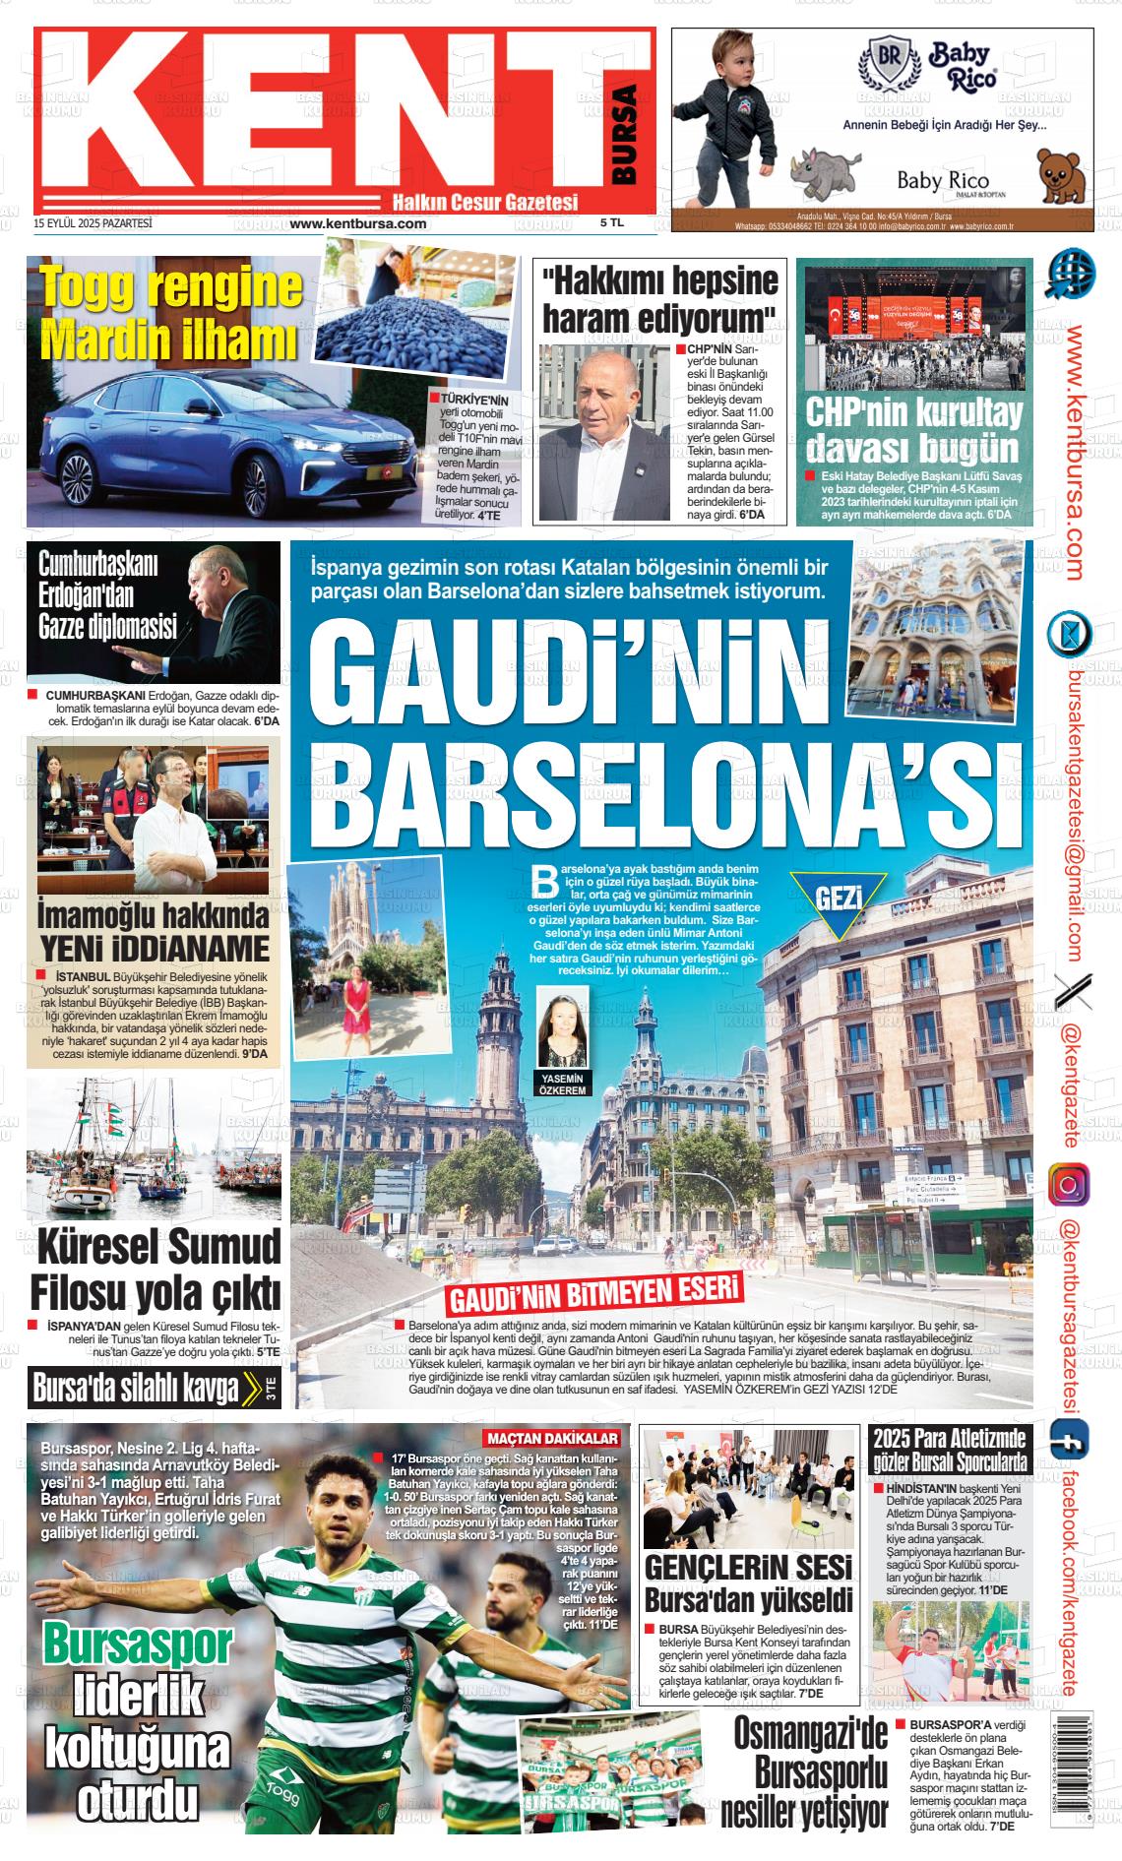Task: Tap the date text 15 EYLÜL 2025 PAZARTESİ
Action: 93,223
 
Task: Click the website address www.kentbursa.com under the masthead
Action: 358,223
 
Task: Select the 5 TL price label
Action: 612,223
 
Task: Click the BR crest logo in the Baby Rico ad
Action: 889,64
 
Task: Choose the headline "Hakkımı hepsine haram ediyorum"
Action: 659,298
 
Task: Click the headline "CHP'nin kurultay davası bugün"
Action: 913,429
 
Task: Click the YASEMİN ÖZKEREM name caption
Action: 563,1084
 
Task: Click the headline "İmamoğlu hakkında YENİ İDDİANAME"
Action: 154,931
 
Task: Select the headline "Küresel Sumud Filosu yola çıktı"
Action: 156,1269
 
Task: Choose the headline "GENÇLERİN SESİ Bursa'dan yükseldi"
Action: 748,1582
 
